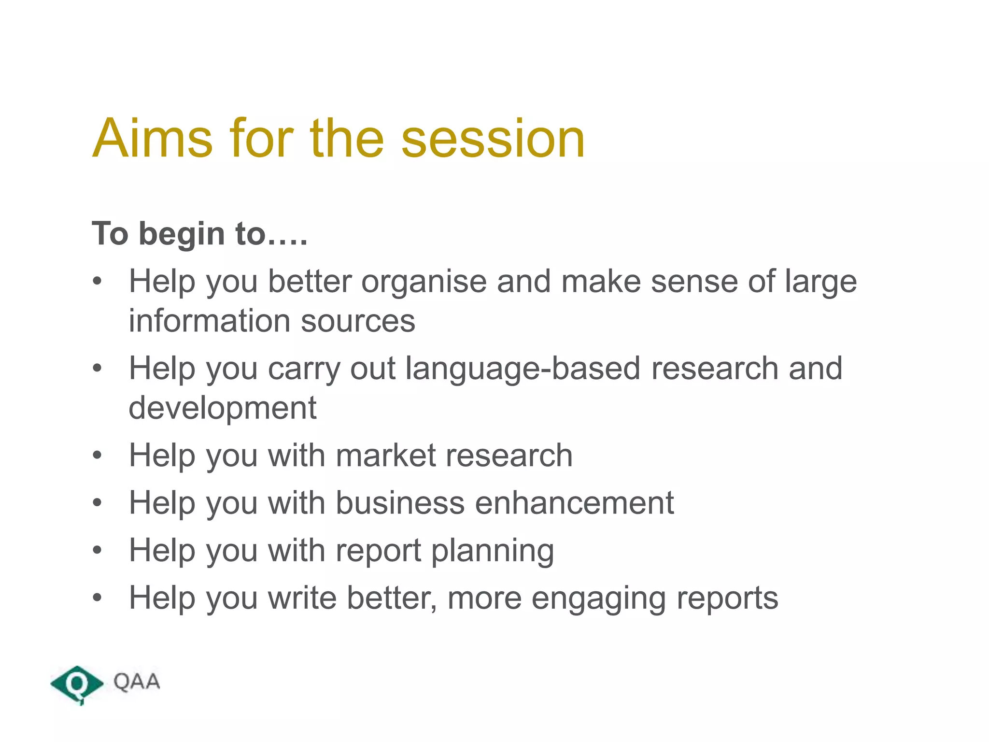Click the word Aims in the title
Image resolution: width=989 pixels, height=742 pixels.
pyautogui.click(x=152, y=139)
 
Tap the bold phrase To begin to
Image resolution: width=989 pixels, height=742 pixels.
pyautogui.click(x=199, y=234)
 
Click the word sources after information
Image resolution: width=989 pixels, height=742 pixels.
pyautogui.click(x=358, y=321)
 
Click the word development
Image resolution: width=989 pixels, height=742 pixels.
pyautogui.click(x=223, y=408)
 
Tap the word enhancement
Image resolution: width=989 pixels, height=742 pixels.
pyautogui.click(x=574, y=503)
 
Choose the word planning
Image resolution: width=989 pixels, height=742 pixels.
pyautogui.click(x=492, y=551)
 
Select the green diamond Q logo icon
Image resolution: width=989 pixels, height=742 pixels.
pyautogui.click(x=77, y=684)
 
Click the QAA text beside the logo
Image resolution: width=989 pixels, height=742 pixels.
pyautogui.click(x=137, y=682)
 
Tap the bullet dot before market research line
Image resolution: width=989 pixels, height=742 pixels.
pyautogui.click(x=98, y=456)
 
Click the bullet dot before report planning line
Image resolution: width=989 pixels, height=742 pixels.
pyautogui.click(x=98, y=550)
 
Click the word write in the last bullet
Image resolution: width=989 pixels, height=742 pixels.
pyautogui.click(x=302, y=598)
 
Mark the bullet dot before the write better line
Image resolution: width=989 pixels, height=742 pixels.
pyautogui.click(x=98, y=598)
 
